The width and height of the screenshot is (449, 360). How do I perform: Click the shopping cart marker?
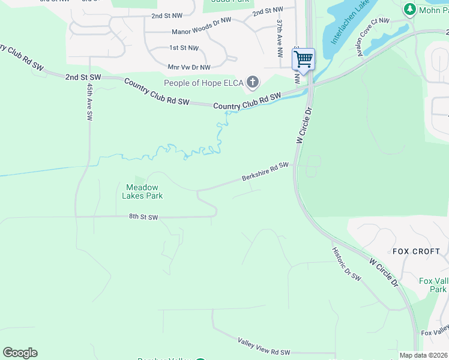click(x=303, y=59)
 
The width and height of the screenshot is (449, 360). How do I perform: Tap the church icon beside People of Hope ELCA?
click(x=253, y=82)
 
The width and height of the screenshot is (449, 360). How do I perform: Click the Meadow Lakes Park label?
click(x=142, y=191)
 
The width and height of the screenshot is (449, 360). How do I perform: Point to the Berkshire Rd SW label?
click(x=265, y=172)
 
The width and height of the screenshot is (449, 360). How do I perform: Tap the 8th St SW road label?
click(x=142, y=217)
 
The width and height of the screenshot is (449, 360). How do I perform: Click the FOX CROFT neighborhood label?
click(x=416, y=251)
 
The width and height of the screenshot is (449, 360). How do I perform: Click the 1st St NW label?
click(x=184, y=47)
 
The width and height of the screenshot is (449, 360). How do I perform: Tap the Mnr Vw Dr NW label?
click(x=189, y=67)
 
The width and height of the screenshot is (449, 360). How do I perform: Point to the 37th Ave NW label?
click(x=280, y=38)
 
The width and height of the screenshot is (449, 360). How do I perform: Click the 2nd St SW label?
click(x=82, y=77)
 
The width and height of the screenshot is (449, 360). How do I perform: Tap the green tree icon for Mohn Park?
click(x=410, y=9)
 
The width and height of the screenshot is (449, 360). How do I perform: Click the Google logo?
click(x=20, y=352)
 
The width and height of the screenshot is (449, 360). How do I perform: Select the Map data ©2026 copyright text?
click(x=423, y=355)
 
